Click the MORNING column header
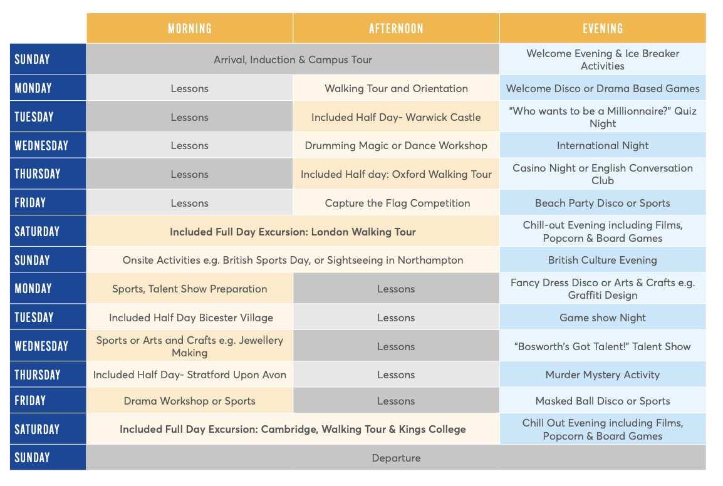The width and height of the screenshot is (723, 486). (x=189, y=28)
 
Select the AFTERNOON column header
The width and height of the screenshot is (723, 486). (x=396, y=28)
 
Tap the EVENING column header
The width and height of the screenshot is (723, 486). (x=603, y=28)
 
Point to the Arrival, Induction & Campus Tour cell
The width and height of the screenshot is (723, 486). (x=293, y=60)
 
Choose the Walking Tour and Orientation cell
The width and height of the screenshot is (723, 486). (x=396, y=88)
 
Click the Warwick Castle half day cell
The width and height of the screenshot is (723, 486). (x=396, y=117)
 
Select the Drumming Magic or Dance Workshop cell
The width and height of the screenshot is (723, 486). (x=396, y=145)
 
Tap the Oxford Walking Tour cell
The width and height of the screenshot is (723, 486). (x=396, y=174)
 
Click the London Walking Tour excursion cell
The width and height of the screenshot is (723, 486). (x=293, y=232)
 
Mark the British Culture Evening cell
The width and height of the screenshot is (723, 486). (x=603, y=260)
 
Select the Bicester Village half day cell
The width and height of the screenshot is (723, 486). (x=190, y=318)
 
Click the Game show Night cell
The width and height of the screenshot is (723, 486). (x=603, y=318)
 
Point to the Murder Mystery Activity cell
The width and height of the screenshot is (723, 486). (x=603, y=375)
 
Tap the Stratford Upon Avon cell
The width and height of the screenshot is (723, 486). (x=189, y=375)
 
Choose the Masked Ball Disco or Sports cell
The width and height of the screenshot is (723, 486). (x=603, y=401)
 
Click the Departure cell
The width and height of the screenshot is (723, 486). (x=396, y=458)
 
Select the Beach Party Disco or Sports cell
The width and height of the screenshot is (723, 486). (x=603, y=203)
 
